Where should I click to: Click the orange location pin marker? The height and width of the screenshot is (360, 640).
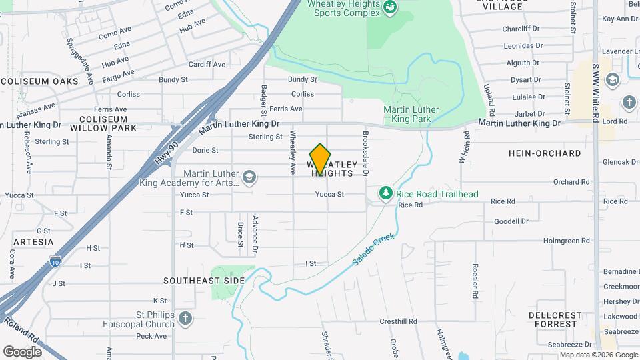pos(321,159)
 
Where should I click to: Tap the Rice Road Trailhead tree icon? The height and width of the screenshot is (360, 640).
pos(385,193)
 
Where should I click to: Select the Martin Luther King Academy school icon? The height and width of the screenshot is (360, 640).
pos(249,177)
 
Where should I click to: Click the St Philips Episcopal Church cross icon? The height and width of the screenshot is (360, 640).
pos(185,318)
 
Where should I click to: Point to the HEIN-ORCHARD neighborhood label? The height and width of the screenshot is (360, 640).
pos(545,153)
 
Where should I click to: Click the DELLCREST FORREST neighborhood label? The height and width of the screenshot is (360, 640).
pos(555,319)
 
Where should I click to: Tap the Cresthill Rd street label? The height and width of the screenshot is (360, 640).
pos(398,321)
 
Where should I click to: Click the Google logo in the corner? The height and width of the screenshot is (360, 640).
pos(22,351)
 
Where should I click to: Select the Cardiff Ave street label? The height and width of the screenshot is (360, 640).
pos(207,65)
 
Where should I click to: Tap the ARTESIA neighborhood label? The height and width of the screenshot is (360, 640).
pos(33,241)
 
